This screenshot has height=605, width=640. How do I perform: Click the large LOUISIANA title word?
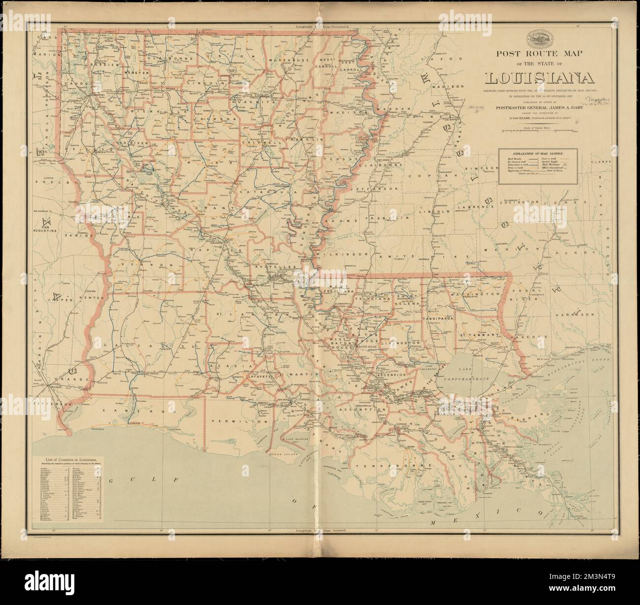tap(539, 78)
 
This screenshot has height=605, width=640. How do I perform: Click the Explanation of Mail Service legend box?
tap(539, 167)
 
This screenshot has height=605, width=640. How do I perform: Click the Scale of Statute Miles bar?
tap(540, 131)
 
